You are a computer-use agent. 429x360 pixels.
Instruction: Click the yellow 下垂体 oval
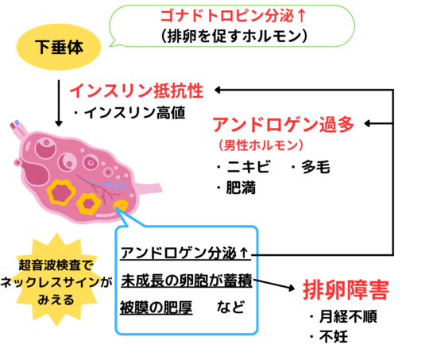click(x=59, y=47)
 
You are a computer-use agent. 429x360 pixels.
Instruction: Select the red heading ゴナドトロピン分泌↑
click(x=233, y=16)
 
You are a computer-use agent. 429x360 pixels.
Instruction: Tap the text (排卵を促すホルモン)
click(x=234, y=36)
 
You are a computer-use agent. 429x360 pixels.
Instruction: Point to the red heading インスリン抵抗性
click(x=137, y=91)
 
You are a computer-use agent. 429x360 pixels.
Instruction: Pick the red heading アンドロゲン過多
click(x=284, y=124)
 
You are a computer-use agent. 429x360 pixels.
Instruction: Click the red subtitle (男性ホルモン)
click(x=261, y=145)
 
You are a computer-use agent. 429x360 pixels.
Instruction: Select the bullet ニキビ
click(x=244, y=166)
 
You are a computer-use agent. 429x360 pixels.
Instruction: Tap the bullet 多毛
click(x=311, y=166)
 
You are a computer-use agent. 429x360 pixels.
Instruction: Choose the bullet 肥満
click(x=237, y=188)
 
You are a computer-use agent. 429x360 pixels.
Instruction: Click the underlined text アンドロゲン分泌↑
click(x=185, y=254)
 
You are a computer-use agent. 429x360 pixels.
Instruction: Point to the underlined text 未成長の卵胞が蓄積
click(x=187, y=281)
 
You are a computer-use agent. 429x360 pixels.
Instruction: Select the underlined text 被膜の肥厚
click(x=157, y=308)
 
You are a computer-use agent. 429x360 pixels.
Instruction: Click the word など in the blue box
click(x=230, y=307)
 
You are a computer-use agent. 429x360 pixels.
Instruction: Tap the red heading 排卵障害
click(x=346, y=289)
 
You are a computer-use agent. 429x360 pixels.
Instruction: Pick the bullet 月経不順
click(x=344, y=316)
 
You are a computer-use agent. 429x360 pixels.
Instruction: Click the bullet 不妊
click(x=329, y=337)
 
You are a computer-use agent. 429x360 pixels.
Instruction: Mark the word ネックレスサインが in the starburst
click(x=56, y=282)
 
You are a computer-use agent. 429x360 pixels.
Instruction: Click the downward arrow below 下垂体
click(x=59, y=103)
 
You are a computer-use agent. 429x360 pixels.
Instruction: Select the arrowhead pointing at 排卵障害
click(x=291, y=288)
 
